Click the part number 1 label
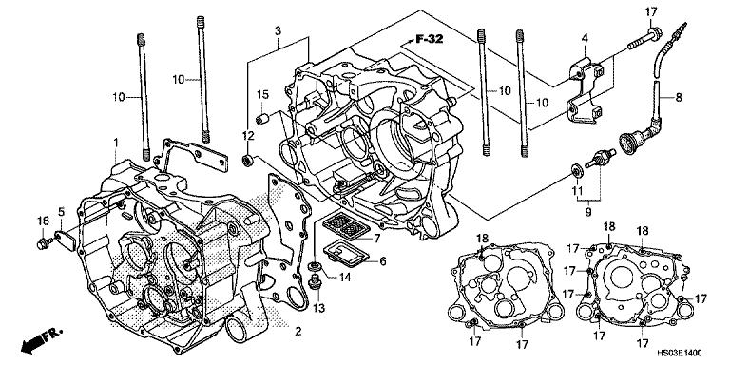click(x=116, y=143)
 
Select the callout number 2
click(x=298, y=331)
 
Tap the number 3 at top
click(x=277, y=31)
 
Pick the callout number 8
click(x=680, y=96)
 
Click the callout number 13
click(x=317, y=309)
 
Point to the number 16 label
click(x=42, y=221)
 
